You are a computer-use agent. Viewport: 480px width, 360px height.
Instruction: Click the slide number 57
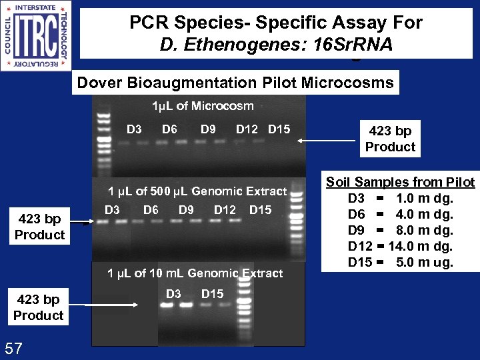(15, 347)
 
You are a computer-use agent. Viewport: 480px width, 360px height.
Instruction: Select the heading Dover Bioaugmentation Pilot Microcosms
(235, 83)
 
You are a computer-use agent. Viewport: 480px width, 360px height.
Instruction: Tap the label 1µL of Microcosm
(203, 106)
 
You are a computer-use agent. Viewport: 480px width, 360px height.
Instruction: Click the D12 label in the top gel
(247, 129)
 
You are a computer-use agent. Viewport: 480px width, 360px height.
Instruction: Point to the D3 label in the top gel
(134, 129)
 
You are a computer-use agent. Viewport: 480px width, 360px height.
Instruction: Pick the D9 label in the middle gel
(186, 210)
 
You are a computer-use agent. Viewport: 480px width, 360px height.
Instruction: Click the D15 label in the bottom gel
(212, 294)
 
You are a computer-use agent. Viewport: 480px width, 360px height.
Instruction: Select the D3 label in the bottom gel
(173, 294)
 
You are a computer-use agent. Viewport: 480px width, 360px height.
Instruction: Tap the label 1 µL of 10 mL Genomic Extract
(195, 273)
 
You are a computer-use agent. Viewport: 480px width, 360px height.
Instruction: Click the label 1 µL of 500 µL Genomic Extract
(197, 191)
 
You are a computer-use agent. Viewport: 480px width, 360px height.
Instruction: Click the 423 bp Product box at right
(390, 139)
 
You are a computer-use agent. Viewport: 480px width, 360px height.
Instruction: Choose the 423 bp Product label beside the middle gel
(39, 227)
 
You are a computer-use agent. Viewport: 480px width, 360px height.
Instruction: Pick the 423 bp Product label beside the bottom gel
(38, 307)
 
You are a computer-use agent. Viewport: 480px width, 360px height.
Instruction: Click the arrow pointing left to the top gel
(327, 141)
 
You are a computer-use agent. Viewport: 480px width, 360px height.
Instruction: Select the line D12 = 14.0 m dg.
(401, 246)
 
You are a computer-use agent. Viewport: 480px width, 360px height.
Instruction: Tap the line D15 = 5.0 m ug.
(401, 262)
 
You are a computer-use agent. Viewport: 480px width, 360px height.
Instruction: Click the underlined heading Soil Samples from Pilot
(400, 182)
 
